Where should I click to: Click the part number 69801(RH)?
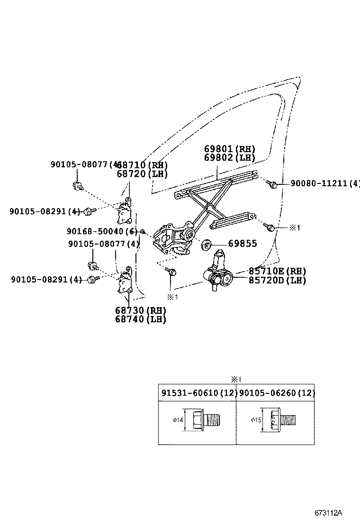(230, 148)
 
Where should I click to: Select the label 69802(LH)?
(230, 157)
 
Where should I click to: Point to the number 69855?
(243, 244)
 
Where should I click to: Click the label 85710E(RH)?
(277, 271)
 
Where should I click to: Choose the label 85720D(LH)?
(277, 280)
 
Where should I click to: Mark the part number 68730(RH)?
(141, 310)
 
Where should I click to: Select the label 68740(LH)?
(141, 319)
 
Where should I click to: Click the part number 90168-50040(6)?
(102, 231)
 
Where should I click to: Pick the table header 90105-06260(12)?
(275, 393)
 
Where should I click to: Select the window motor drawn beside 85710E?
(218, 273)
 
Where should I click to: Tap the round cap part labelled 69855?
(207, 245)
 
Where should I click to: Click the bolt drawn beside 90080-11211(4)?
(271, 184)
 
